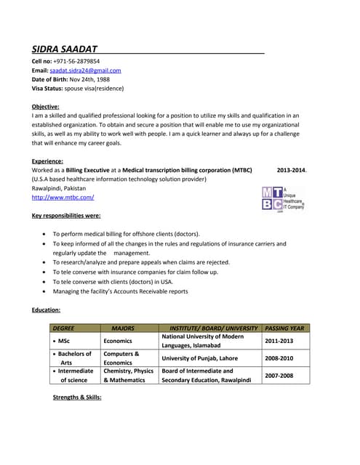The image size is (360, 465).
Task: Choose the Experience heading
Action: [47, 161]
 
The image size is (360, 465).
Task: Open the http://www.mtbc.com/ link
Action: [63, 197]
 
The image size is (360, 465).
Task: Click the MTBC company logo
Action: [282, 198]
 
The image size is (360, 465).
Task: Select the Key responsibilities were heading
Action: [66, 216]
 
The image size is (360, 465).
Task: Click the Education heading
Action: [45, 310]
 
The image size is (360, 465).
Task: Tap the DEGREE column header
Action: [64, 328]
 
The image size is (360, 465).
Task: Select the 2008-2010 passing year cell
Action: [280, 358]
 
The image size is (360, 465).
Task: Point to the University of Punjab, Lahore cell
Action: [199, 358]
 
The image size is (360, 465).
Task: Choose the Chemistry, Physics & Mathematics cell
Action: [128, 375]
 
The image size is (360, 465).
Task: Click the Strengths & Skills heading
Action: [77, 397]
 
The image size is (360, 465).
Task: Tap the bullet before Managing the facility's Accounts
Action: [46, 291]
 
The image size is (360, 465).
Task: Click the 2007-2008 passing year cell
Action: [279, 376]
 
